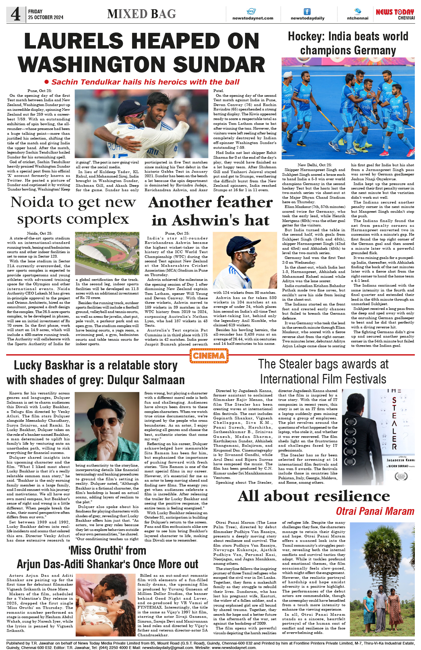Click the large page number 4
point(15,14)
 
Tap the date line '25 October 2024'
point(46,17)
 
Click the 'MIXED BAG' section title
point(141,14)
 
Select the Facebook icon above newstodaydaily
point(307,12)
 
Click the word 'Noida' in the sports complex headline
point(32,202)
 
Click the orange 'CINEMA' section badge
point(209,356)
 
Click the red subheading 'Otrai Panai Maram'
point(375,511)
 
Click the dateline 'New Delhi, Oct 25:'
point(315,165)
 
